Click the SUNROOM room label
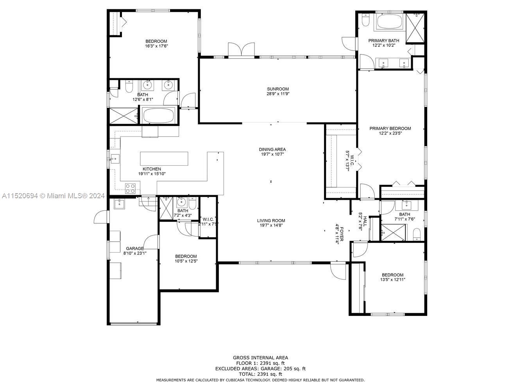[x=278, y=89]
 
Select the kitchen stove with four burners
[x=130, y=188]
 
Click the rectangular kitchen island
[x=164, y=159]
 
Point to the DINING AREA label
[x=272, y=150]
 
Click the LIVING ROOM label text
[x=271, y=221]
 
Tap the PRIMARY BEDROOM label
[x=390, y=128]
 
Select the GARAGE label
[x=134, y=249]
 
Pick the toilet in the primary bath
[x=365, y=20]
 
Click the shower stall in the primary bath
[x=414, y=28]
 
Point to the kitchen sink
[x=115, y=159]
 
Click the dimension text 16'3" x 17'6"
[x=157, y=46]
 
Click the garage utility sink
[x=119, y=204]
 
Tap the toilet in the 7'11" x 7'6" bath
[x=417, y=235]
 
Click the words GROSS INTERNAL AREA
[x=260, y=357]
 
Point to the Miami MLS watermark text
[x=53, y=195]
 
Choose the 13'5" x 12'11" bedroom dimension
[x=392, y=280]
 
